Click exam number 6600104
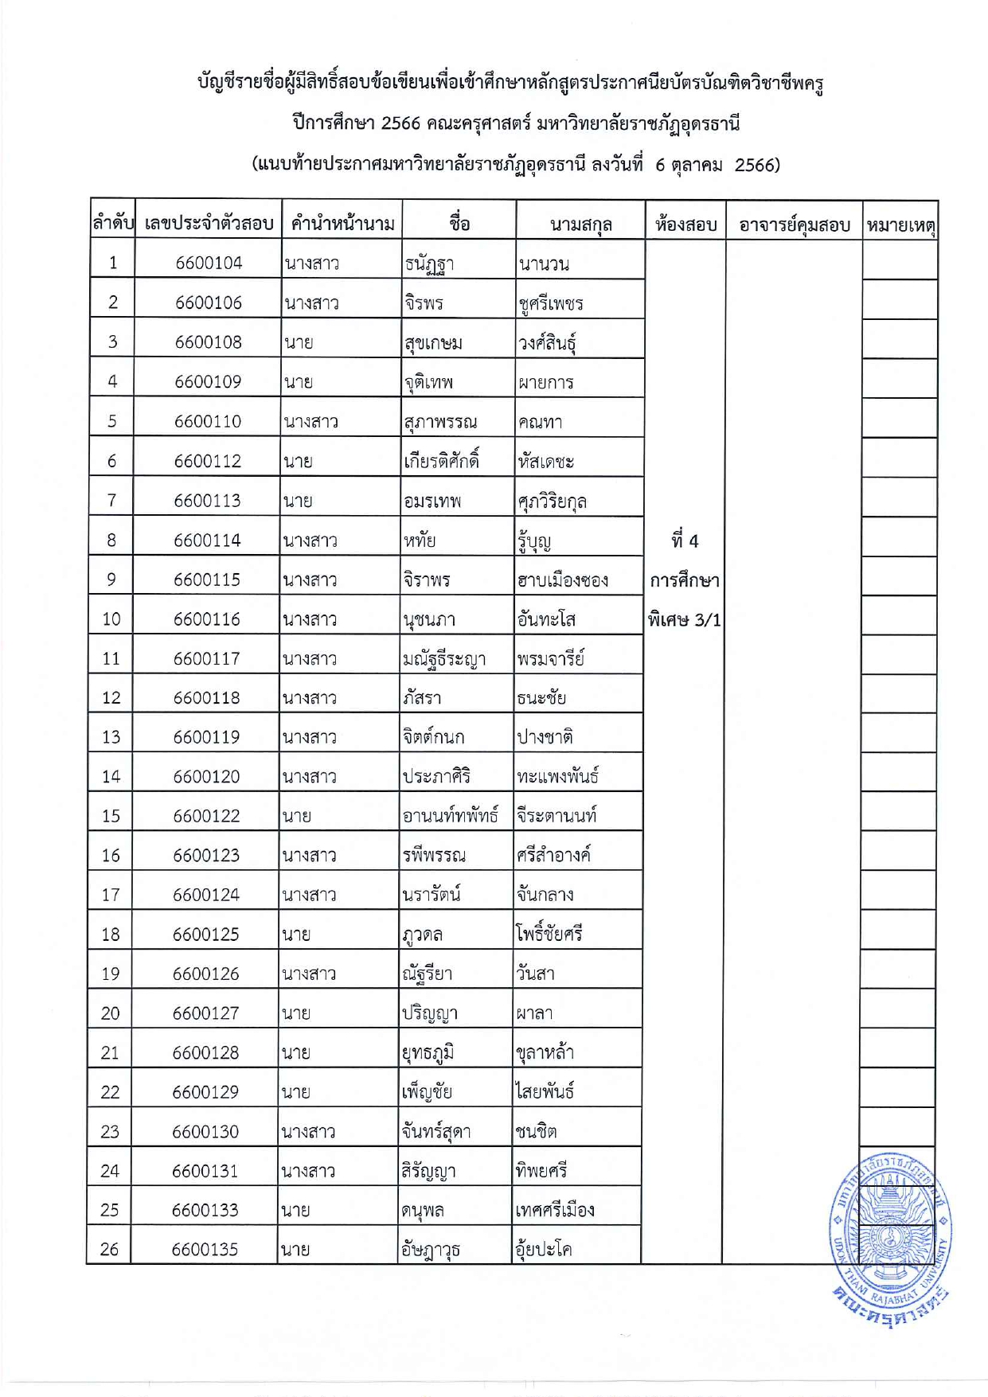[x=209, y=263]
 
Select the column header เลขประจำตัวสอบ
[x=209, y=224]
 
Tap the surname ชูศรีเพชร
[x=551, y=303]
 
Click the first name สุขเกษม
[x=433, y=343]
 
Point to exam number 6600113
[x=207, y=501]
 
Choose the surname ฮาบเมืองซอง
[x=562, y=580]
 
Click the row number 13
[x=111, y=737]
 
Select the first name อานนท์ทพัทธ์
[x=451, y=816]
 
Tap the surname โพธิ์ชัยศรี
[x=549, y=934]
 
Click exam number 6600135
[x=205, y=1250]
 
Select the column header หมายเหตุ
[x=900, y=225]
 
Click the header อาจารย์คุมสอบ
[x=794, y=225]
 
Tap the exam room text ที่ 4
[x=684, y=541]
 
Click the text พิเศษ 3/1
[x=684, y=619]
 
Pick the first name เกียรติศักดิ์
[x=441, y=461]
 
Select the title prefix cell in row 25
[x=295, y=1211]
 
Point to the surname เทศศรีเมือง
[x=554, y=1211]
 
